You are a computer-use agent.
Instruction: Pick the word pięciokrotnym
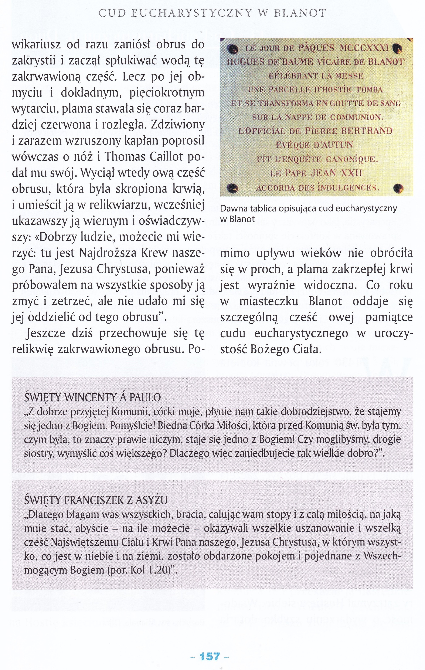point(167,92)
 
